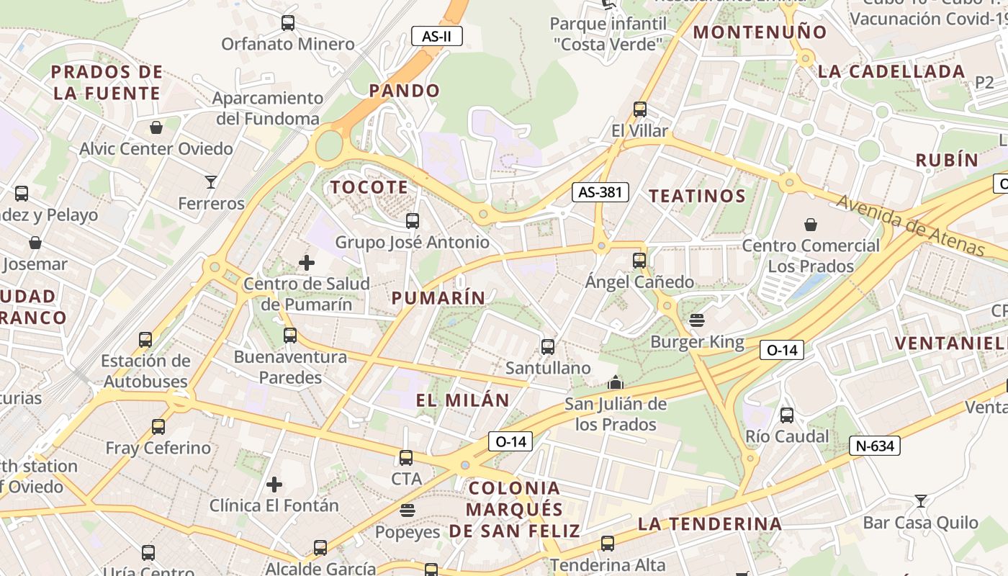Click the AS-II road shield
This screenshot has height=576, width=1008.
(x=436, y=35)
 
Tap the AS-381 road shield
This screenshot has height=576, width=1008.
(x=600, y=192)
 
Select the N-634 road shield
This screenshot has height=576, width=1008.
(x=875, y=446)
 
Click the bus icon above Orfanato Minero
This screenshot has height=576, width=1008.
(x=288, y=22)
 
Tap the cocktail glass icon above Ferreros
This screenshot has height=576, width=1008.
(x=211, y=181)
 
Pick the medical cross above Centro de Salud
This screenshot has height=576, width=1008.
(x=307, y=263)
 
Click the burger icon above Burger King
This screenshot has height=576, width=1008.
(x=696, y=320)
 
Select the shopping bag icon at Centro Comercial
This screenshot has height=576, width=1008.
(x=811, y=224)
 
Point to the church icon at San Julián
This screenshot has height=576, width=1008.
(x=615, y=382)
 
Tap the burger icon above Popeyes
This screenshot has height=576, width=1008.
(x=408, y=510)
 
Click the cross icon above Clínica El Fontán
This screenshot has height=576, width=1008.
(x=274, y=485)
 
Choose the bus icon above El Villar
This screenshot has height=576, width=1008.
(x=639, y=109)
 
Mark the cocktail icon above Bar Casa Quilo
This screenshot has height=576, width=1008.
(x=920, y=500)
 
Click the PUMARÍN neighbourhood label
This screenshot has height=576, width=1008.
(x=438, y=297)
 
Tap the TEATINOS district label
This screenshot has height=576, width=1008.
(x=697, y=196)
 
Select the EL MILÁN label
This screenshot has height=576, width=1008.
(x=462, y=400)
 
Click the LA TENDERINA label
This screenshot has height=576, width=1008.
(x=709, y=523)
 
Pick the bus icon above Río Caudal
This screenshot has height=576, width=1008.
(x=787, y=415)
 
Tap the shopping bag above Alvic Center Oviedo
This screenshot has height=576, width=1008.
(x=156, y=127)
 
